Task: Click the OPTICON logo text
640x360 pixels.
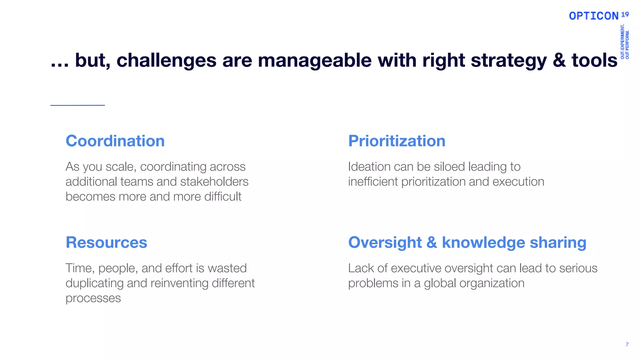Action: pos(593,16)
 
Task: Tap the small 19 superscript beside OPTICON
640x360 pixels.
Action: pos(625,14)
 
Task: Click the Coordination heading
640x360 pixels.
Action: pos(115,141)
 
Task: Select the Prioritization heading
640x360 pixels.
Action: pos(397,141)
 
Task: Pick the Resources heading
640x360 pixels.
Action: pos(106,242)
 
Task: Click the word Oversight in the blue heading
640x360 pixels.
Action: pos(385,242)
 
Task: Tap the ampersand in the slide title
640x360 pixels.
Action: pos(559,60)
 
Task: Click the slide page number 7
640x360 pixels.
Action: pos(627,345)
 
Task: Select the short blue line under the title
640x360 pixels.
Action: pos(77,105)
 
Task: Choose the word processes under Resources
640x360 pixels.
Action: pos(93,298)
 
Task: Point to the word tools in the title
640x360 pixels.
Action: pos(594,60)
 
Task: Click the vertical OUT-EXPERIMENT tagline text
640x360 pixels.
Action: pos(622,42)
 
